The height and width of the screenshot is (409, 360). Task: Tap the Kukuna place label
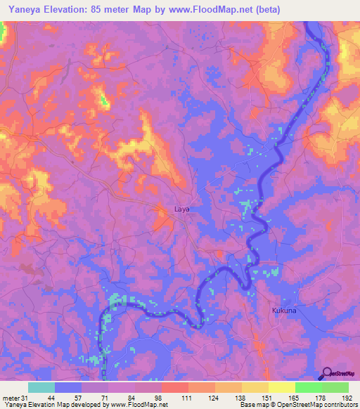[285, 310]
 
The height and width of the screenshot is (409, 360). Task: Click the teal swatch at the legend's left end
[41, 387]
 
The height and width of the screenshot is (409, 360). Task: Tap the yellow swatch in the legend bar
[281, 387]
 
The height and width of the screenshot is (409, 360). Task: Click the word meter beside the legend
[11, 397]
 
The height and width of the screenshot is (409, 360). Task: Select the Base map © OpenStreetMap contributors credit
[298, 405]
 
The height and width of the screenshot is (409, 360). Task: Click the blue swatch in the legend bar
[68, 387]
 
